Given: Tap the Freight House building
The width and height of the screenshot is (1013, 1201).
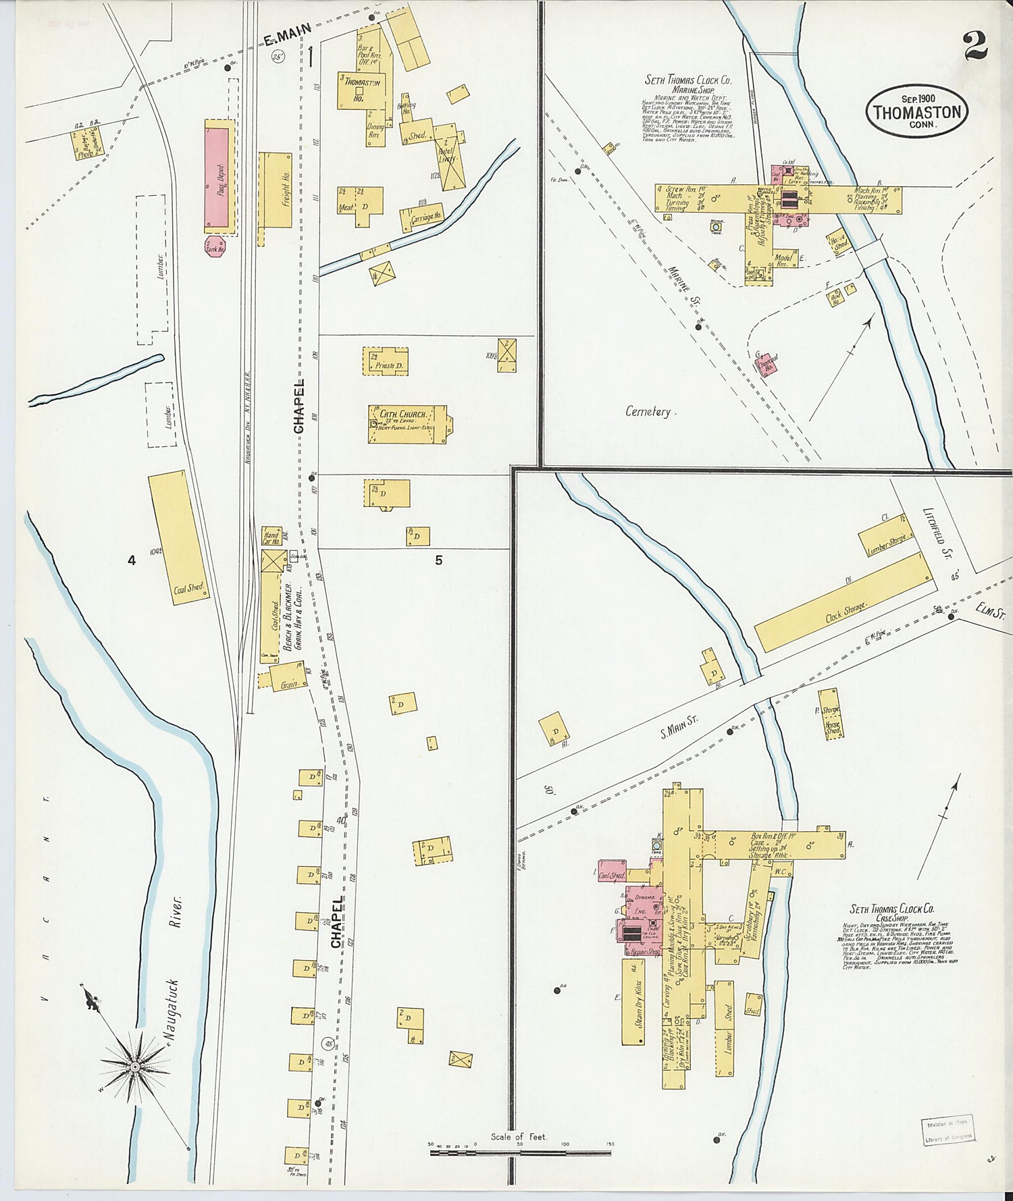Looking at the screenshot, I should tap(274, 190).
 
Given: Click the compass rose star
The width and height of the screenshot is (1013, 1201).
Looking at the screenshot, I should tap(134, 1066).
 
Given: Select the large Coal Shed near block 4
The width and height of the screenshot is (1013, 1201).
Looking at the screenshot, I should tap(177, 537).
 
